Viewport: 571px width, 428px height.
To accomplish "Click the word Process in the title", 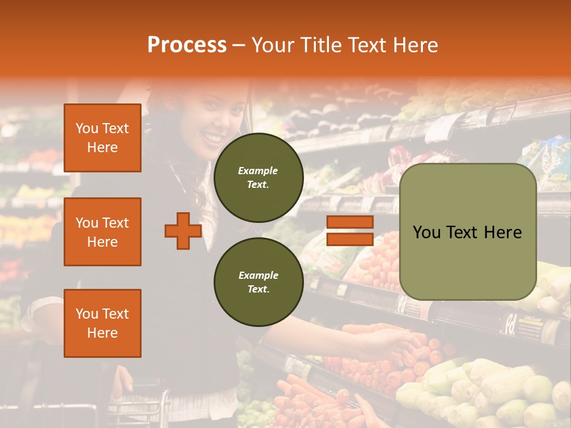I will click(187, 45).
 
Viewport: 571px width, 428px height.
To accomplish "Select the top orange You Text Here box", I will click(102, 138).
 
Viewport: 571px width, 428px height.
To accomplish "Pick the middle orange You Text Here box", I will click(102, 232).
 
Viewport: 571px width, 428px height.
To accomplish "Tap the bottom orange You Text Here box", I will click(102, 323).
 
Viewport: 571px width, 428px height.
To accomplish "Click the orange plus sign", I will click(183, 231).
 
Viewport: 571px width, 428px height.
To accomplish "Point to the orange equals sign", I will click(350, 231).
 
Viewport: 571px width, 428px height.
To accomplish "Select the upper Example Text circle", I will click(258, 177).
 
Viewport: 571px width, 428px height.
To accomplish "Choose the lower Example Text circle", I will click(258, 282).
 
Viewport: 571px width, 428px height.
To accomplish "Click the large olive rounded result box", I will click(468, 232).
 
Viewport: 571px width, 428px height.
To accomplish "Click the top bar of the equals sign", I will click(350, 222).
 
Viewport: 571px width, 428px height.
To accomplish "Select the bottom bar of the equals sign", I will click(350, 240).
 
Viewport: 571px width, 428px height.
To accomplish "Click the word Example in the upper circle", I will click(258, 171).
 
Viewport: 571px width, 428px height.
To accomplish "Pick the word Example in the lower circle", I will click(258, 275).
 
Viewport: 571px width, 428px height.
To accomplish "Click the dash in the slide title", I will click(239, 46).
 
